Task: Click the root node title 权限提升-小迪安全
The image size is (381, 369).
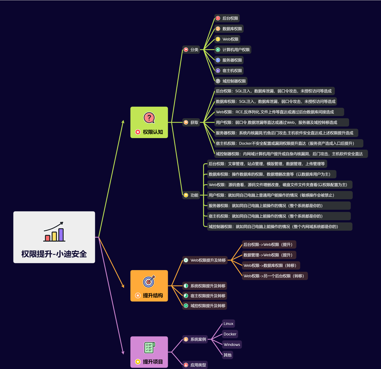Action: [x=54, y=254]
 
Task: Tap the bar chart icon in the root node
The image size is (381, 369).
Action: [x=54, y=232]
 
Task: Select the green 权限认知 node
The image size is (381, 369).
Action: [x=149, y=122]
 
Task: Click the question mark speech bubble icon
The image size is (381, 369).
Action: [x=149, y=118]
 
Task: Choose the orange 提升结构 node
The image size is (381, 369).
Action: [x=149, y=286]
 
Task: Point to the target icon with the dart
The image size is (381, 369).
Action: [x=149, y=281]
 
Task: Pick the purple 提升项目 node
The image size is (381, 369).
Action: [x=149, y=352]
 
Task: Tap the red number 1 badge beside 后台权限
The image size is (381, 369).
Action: [x=218, y=18]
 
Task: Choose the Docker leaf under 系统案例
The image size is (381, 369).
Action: [x=230, y=334]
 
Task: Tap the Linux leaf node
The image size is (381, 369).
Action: [x=228, y=324]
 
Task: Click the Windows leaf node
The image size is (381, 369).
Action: [x=232, y=345]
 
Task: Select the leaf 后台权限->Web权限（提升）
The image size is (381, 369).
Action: [x=269, y=244]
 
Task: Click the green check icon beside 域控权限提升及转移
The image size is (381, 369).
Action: [x=186, y=306]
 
